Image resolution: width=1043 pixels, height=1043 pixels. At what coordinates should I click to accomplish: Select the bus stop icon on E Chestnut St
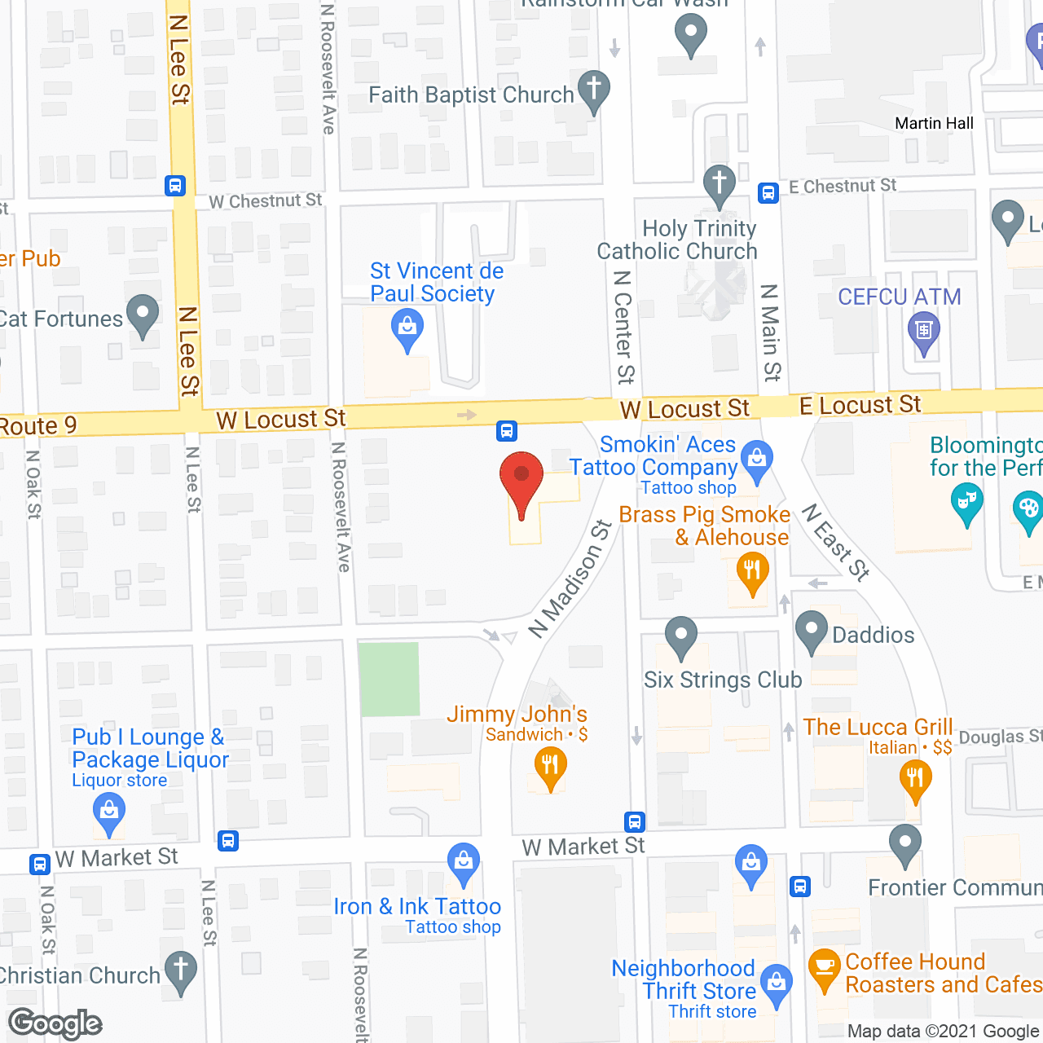click(768, 192)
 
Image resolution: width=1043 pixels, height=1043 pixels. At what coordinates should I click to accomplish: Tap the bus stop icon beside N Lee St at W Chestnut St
click(175, 186)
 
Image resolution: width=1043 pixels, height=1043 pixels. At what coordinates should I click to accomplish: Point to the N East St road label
click(836, 542)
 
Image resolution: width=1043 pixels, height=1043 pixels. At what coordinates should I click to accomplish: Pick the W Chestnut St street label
click(266, 200)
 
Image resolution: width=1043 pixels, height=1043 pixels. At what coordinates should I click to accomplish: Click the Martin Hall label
click(934, 124)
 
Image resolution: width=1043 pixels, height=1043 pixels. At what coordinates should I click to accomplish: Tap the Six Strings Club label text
click(723, 680)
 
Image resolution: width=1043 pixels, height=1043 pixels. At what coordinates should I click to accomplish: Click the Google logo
click(55, 1023)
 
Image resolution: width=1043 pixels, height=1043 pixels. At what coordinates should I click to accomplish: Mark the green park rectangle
click(389, 679)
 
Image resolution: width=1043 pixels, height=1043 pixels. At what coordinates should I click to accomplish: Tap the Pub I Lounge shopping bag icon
click(108, 813)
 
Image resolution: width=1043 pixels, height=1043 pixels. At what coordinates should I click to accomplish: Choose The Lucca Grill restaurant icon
click(915, 778)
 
